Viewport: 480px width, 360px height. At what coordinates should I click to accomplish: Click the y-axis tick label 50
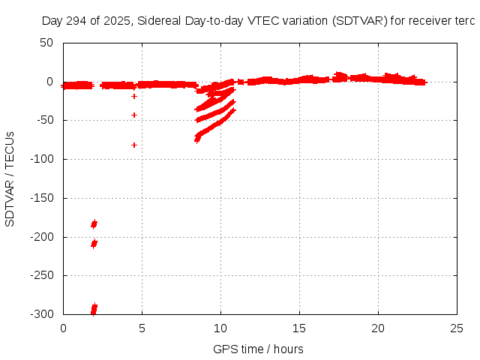(46, 43)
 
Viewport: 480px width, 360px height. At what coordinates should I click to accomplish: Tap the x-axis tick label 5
(142, 328)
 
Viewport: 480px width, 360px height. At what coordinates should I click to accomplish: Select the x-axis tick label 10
(220, 328)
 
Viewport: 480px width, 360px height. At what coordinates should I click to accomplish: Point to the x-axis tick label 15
(299, 328)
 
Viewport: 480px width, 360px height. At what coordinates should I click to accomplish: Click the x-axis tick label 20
(378, 328)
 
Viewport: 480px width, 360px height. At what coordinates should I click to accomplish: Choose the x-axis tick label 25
(457, 328)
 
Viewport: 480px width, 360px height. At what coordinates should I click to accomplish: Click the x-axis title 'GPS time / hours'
(258, 349)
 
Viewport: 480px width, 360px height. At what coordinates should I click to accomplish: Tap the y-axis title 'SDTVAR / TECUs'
(10, 178)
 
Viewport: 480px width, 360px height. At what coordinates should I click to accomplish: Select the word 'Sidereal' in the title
(163, 22)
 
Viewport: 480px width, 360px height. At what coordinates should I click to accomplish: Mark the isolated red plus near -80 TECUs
(134, 145)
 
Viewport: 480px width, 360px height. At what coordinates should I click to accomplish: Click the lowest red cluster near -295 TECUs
(94, 309)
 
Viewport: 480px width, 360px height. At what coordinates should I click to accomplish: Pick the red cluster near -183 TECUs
(94, 223)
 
